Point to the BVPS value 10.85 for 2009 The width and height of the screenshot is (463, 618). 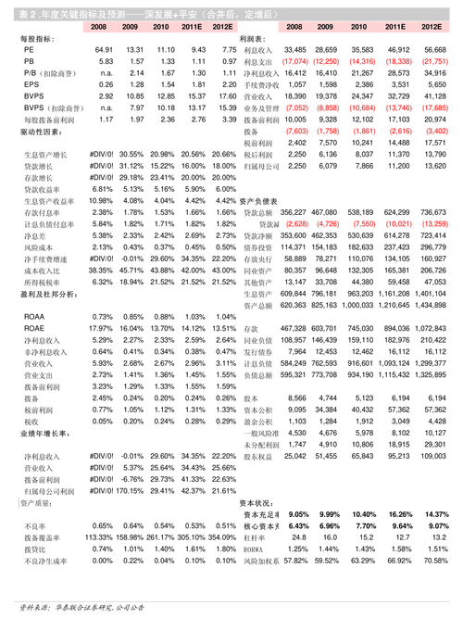click(132, 95)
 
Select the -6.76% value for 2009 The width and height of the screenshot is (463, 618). click(132, 479)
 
